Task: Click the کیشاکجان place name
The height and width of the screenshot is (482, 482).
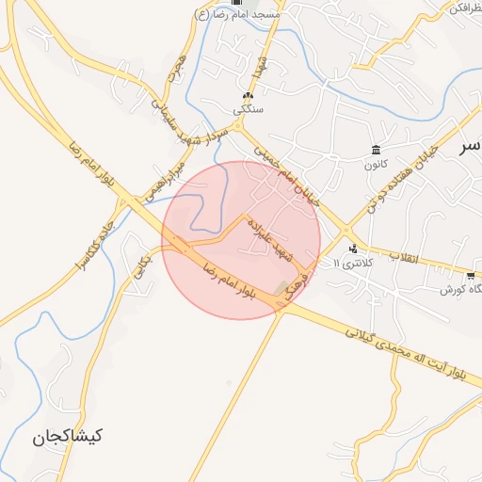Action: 67,437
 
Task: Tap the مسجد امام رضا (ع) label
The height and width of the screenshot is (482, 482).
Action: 233,14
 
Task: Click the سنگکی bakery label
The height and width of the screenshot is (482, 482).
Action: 249,110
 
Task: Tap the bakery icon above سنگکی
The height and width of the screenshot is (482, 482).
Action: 249,96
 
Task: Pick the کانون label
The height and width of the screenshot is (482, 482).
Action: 377,165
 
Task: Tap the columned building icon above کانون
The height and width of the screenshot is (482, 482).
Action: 377,151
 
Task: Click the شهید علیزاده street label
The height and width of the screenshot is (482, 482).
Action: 272,241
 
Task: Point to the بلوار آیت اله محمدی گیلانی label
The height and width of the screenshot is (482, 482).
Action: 405,351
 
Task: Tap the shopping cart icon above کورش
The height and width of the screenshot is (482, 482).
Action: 469,275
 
